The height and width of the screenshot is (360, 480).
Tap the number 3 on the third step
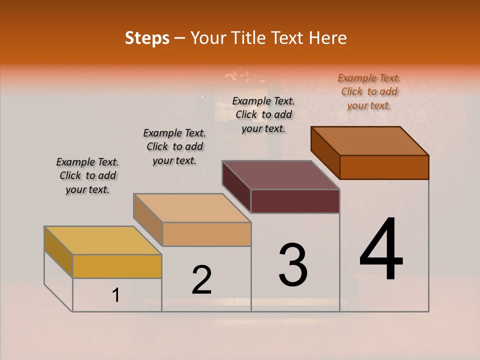[x=293, y=265]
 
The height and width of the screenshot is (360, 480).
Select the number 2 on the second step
[x=201, y=280]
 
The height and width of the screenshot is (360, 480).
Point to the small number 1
[x=115, y=295]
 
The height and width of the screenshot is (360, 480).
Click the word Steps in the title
[x=147, y=38]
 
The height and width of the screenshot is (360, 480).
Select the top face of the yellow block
[x=102, y=240]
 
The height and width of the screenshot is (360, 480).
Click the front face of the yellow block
[x=117, y=266]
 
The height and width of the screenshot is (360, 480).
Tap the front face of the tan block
[x=206, y=234]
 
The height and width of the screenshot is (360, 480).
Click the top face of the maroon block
[x=280, y=175]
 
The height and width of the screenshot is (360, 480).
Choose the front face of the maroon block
[x=295, y=201]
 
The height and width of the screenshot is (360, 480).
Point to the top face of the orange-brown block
[x=369, y=141]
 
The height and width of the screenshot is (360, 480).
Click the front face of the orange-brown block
[x=384, y=167]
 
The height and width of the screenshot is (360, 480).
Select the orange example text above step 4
[x=369, y=91]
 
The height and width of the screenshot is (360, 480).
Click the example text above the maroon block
[x=263, y=114]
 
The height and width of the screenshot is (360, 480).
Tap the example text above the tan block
[x=174, y=146]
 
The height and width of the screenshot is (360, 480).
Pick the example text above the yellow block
[x=87, y=175]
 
